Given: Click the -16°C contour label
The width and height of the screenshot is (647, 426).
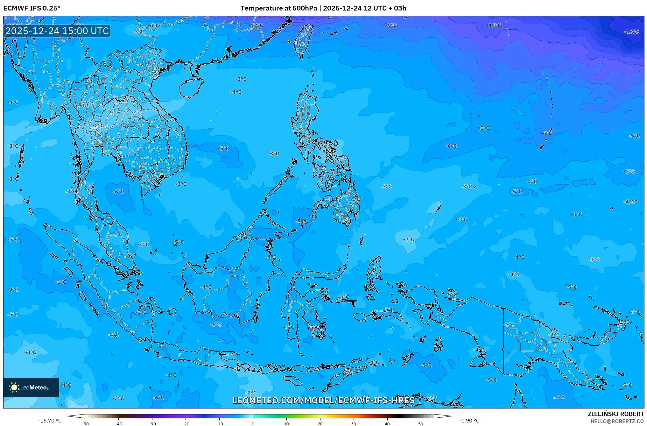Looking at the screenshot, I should point(631,32).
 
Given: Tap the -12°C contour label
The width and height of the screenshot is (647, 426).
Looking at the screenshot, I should point(257,25).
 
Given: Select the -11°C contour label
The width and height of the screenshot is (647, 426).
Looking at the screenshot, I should point(494,25).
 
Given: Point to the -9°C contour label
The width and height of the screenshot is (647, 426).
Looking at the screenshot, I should point(391,25).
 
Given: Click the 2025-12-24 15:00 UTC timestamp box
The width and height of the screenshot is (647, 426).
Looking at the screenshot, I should point(57,31).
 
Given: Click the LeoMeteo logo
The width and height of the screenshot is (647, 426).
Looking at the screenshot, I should point(31,387).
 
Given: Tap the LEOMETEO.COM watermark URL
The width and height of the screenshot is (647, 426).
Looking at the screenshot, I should point(323,400).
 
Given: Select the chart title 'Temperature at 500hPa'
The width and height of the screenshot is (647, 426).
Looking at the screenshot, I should point(278,8).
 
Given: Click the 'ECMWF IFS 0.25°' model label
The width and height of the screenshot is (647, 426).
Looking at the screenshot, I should point(32,8).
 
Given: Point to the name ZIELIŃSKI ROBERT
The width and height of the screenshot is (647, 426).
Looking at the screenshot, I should point(615,414).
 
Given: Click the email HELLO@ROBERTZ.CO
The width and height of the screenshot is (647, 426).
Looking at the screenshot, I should point(617,421).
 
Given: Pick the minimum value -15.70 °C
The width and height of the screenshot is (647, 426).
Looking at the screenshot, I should point(50,421).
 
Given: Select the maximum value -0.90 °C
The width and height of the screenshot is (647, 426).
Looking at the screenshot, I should point(469,421).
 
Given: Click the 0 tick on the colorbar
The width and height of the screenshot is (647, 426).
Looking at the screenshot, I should point(253,423).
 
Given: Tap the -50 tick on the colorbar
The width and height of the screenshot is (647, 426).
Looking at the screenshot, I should point(85,423).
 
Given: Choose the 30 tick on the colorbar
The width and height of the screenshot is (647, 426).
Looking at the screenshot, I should point(354,423).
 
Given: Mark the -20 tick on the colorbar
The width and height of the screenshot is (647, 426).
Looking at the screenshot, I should point(186,423).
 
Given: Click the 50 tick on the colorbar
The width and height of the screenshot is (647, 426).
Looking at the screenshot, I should point(421,423).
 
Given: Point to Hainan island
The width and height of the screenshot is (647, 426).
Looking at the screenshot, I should point(191,88).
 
